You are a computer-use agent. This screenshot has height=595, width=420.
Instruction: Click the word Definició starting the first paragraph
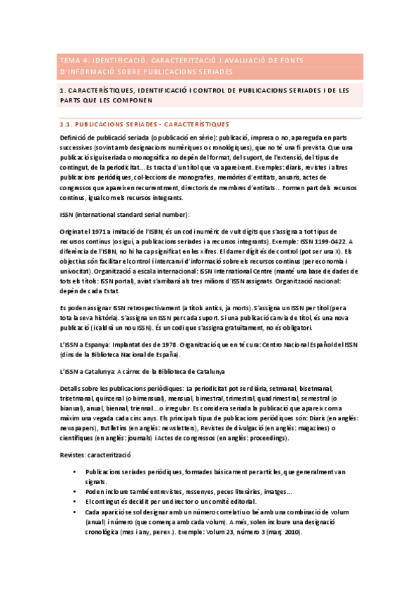tap(76, 138)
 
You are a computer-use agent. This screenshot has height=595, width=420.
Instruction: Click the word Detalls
tap(72, 389)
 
